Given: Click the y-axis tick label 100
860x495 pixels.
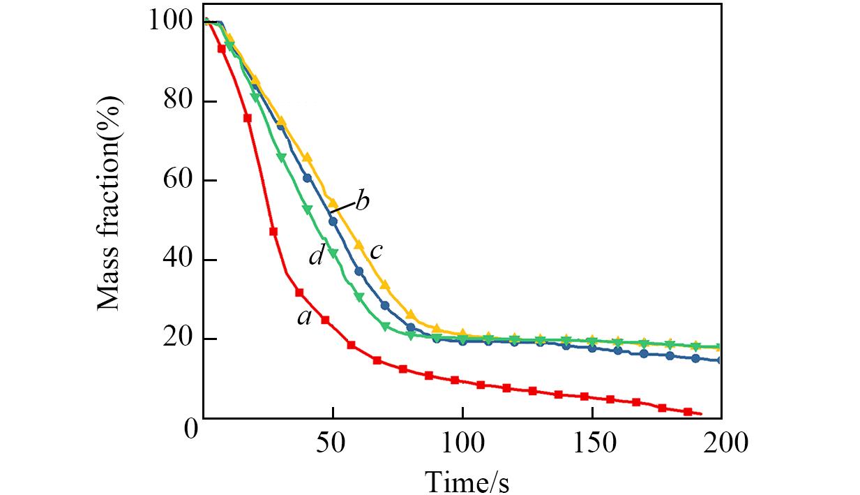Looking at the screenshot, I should pos(170,22).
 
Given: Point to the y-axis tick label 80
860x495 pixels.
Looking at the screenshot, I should pos(178,101).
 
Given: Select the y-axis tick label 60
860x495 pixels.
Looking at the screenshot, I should pos(178,181).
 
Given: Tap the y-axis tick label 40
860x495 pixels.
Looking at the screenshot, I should pos(178,260).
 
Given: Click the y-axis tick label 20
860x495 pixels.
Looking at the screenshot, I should pos(178,339).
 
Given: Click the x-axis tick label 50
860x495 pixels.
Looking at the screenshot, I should pos(333,443).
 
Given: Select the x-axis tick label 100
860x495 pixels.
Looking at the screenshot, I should pos(462,443).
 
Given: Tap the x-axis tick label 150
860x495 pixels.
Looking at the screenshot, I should pos(591,443).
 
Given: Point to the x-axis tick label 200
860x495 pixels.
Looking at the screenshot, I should pos(721,443).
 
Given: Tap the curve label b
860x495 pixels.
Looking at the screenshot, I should pos(362,202).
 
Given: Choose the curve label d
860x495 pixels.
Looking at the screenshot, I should pos(316,256).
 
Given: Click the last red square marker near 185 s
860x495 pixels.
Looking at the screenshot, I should pos(688,412).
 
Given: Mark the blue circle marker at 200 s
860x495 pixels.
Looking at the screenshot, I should pos(720,360).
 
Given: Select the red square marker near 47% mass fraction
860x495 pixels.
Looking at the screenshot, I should pos(273,231).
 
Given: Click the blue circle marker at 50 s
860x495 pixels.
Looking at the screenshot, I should pos(333,221).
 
